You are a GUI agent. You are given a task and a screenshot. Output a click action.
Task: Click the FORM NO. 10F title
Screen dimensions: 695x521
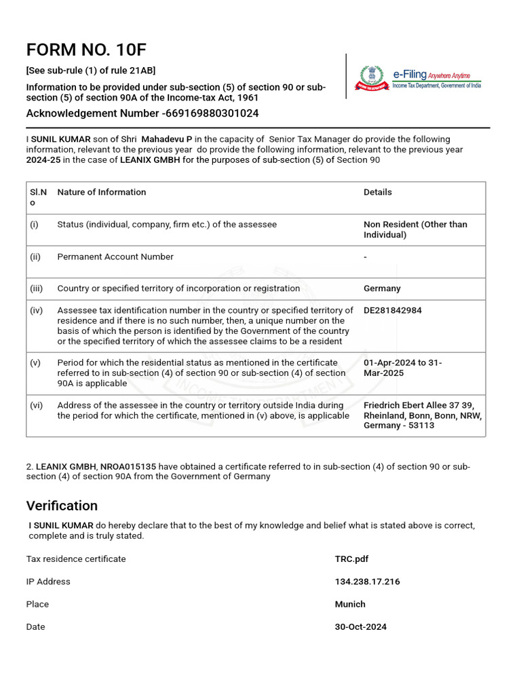[86, 50]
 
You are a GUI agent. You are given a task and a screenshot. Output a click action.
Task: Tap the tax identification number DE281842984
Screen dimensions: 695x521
[392, 310]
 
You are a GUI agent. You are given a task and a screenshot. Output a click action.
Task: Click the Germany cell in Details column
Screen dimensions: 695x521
[382, 288]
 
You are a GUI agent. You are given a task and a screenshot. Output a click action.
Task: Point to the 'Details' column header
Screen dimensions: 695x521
[377, 192]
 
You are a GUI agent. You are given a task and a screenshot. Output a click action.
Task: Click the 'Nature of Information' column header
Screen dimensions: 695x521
[102, 192]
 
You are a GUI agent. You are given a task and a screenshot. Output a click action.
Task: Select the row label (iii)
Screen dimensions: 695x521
[36, 288]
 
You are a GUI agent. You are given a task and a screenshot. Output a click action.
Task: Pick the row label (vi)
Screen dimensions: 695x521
[36, 405]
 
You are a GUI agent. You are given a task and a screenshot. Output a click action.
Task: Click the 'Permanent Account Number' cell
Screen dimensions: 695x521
[115, 257]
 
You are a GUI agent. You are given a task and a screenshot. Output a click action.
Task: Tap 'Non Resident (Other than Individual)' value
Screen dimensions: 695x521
[415, 229]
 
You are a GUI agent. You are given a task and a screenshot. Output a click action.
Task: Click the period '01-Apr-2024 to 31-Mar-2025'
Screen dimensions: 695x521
[403, 368]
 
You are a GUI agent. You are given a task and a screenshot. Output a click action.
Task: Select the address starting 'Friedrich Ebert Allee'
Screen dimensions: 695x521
[422, 415]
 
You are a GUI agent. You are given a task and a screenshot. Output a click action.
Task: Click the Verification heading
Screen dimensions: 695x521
[62, 506]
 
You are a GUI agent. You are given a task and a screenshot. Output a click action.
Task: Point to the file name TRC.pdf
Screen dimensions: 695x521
[351, 559]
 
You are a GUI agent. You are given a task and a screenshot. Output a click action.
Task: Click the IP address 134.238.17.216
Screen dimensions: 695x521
[367, 582]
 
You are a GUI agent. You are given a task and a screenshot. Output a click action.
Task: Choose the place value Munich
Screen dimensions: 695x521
[350, 604]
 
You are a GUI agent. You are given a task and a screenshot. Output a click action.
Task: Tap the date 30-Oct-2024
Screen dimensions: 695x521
[360, 627]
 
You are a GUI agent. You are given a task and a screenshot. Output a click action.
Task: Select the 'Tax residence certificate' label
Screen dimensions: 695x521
[76, 559]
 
